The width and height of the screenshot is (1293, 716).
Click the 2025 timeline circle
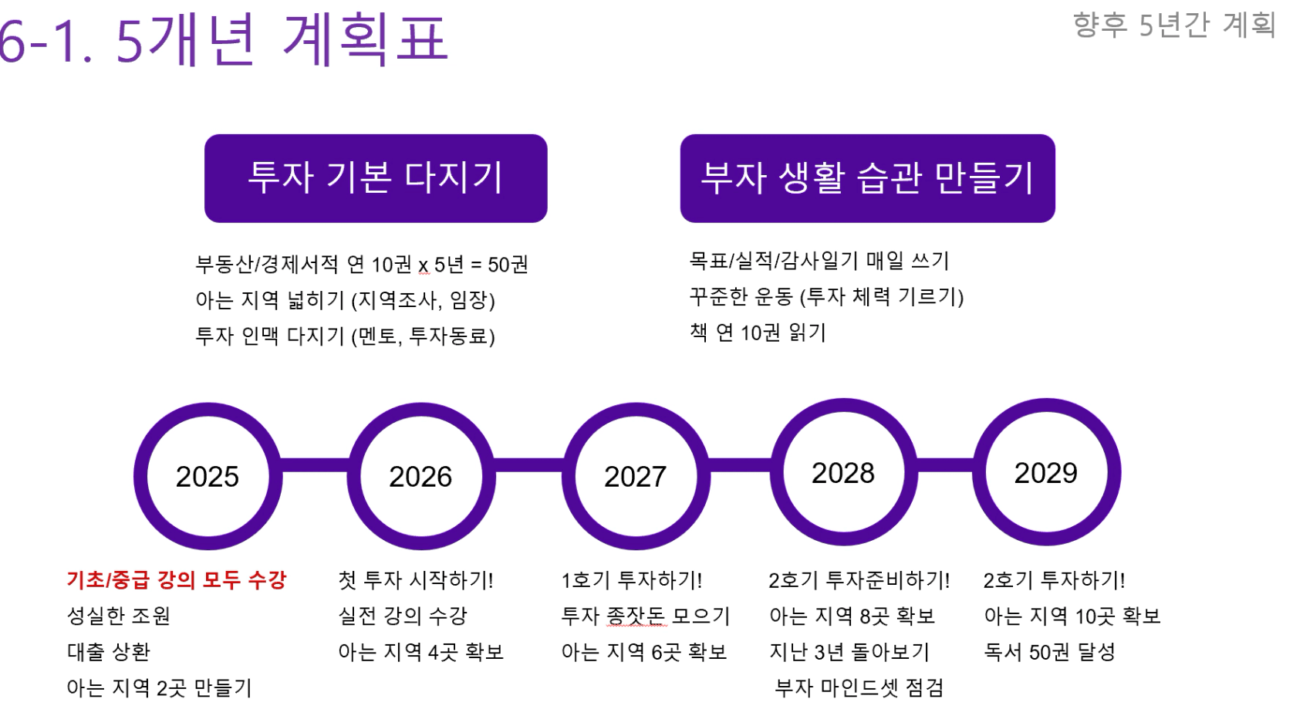coord(141,476)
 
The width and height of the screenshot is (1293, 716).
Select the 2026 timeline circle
coord(354,476)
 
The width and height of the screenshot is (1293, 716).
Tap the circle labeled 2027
coord(569,476)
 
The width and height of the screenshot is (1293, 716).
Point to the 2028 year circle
coord(778,472)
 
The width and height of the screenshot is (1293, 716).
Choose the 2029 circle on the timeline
coord(980,472)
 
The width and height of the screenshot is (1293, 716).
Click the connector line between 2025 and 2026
coord(315,465)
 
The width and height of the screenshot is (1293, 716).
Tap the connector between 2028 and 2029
coord(946,464)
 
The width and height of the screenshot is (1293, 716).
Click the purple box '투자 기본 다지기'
coord(376,178)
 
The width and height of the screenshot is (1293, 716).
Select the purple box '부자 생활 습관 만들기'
coord(868,178)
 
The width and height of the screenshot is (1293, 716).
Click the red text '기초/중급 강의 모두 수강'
coord(176,579)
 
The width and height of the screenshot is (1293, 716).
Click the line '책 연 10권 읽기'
coord(758,333)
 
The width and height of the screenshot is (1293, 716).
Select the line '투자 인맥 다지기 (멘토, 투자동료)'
coord(345,336)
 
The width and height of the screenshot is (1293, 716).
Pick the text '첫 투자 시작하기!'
coord(416,579)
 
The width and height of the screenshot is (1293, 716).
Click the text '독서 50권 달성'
coord(1049,652)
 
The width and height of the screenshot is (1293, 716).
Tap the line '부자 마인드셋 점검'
coord(859,687)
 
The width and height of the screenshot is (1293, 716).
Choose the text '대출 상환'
coord(109,652)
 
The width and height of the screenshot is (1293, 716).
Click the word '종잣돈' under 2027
coord(636,616)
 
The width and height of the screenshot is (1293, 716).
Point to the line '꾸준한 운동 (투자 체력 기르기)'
coord(826,297)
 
